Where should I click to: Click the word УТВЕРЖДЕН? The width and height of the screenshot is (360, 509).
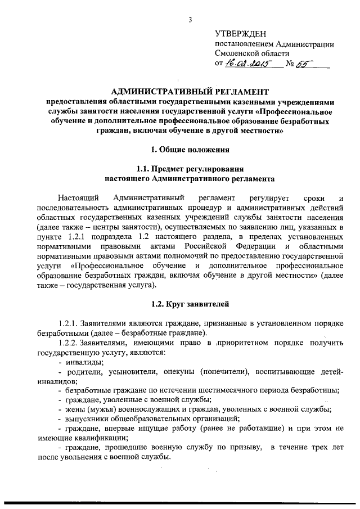point(239,33)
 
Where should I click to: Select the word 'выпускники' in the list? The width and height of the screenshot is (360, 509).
point(88,418)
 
